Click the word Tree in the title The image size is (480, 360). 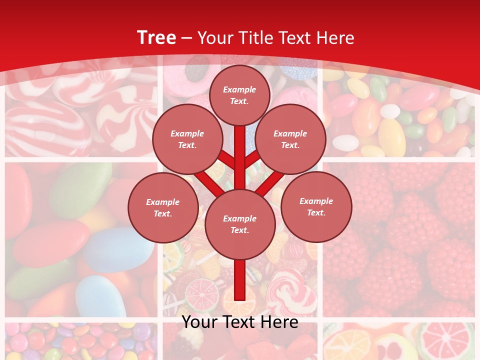click(156, 38)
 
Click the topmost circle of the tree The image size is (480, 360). click(239, 95)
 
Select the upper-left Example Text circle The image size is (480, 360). click(187, 139)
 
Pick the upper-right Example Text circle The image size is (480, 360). click(290, 139)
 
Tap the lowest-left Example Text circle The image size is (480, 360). click(162, 207)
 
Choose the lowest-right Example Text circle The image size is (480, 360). click(316, 206)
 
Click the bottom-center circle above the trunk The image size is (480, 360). click(239, 224)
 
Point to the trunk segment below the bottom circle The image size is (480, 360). click(239, 280)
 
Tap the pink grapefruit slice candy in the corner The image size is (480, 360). click(446, 340)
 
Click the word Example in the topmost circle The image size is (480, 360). click(239, 90)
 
